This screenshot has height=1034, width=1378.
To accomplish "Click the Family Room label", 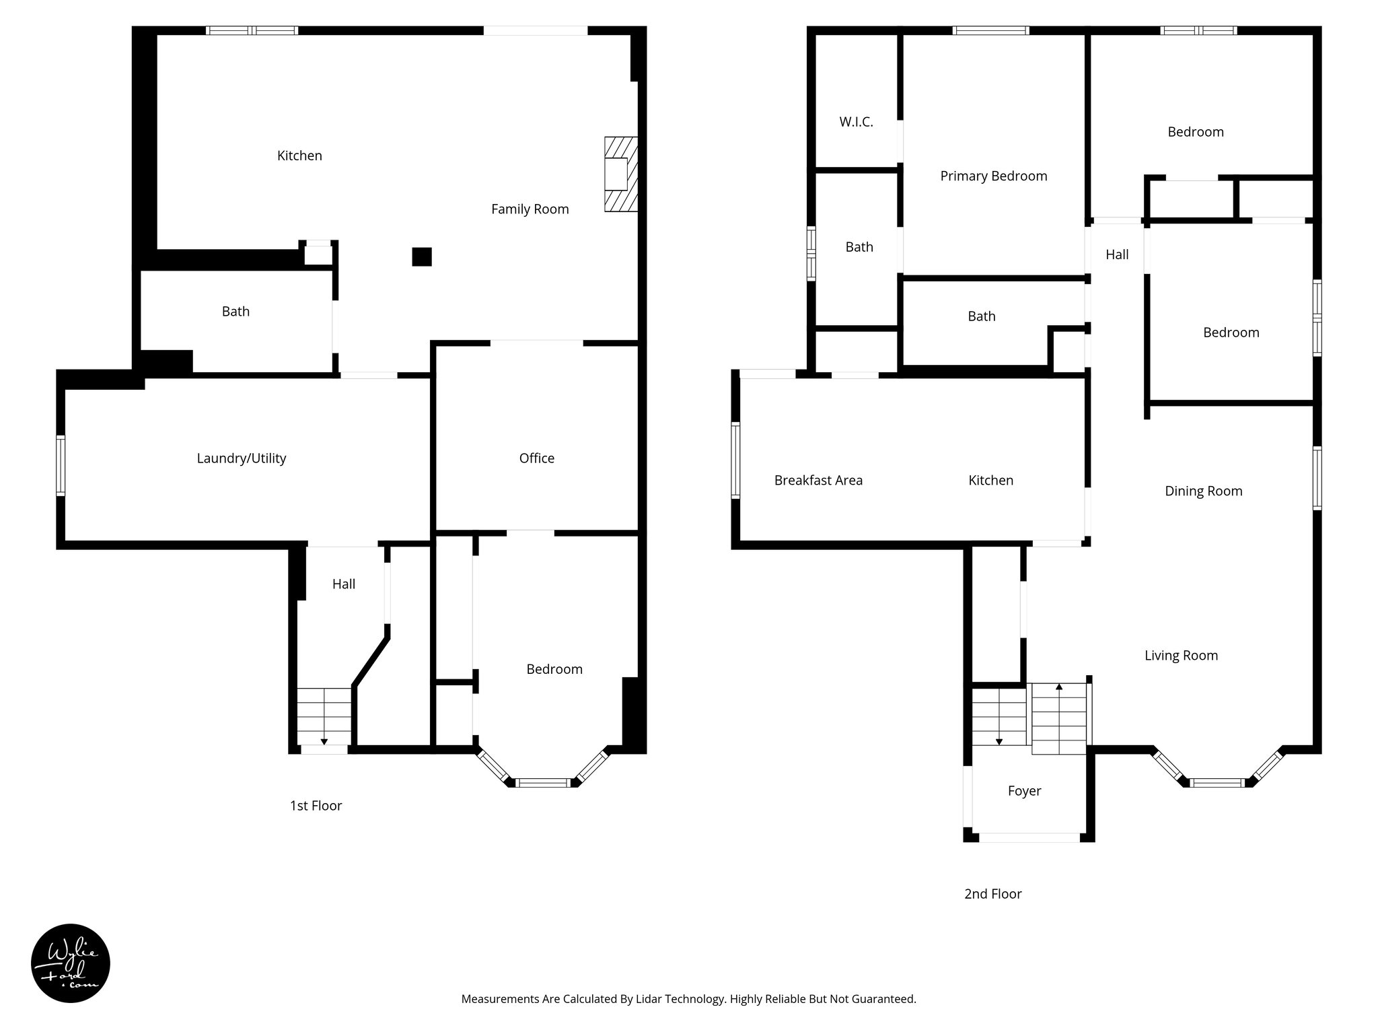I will coord(530,209).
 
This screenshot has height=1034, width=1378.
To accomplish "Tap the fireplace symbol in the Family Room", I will coord(620,175).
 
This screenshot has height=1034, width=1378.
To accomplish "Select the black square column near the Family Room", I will coord(422,256).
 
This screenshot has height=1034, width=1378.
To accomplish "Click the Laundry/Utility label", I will coord(241,458).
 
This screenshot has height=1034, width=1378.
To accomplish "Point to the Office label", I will coord(536,458).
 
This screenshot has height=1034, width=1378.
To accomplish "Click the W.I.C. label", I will coord(856,122).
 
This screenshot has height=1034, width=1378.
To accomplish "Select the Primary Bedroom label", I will coord(993,176).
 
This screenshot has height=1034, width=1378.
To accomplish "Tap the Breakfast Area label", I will coord(818,481).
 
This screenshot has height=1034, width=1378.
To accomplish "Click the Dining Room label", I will coord(1203,491).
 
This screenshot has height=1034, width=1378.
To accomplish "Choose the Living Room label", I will coord(1181,656).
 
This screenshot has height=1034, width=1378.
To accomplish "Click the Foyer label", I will coord(1024,791).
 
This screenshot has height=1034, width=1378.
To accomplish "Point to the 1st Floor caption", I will coord(316,806).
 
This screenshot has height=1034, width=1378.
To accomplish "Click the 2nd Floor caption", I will coord(992,894).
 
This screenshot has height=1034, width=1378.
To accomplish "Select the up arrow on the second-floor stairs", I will coord(1059,687).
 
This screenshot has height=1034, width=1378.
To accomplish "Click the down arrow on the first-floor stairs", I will coord(324,741).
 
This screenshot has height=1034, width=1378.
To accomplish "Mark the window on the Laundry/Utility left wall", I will coord(61,465).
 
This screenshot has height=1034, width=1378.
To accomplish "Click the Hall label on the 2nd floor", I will coord(1117,254).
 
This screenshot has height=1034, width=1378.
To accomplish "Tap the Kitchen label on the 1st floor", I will coord(299,156).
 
